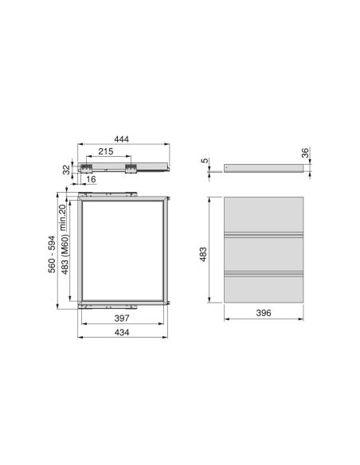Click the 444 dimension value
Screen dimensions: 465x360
click(122, 139)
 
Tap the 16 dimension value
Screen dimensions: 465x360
click(93, 180)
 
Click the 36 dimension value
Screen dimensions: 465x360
click(304, 154)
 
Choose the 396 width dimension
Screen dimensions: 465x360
click(264, 313)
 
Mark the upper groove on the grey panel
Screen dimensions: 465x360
click(264, 235)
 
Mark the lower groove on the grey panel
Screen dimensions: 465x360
click(264, 273)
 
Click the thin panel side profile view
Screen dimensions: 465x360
click(264, 168)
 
